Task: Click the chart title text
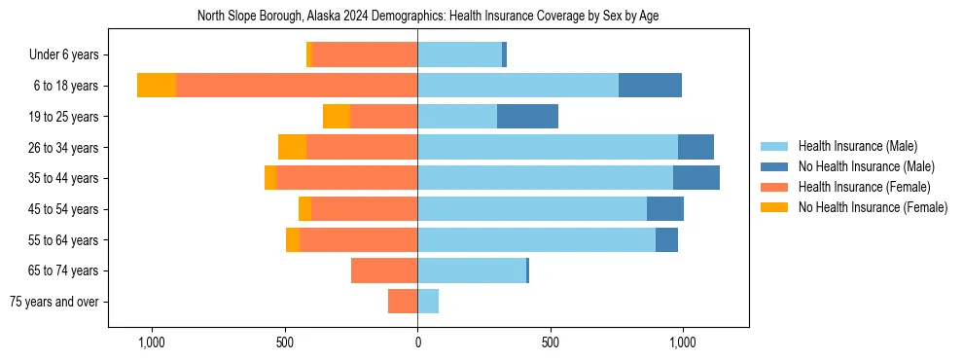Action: pos(428,17)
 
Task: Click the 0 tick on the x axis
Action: pos(417,342)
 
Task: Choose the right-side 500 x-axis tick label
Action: pos(550,342)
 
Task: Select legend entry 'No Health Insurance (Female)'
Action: pos(873,207)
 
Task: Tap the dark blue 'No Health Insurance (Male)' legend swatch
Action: pos(775,166)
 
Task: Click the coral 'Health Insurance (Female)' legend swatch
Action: pos(775,187)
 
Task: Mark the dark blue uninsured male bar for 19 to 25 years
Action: pos(527,117)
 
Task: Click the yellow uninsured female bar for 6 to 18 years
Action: pos(157,86)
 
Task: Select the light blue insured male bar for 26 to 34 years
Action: pos(548,147)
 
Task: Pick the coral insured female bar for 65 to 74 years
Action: pos(384,270)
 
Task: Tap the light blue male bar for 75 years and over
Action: pos(428,302)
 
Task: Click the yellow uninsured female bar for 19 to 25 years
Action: pos(337,117)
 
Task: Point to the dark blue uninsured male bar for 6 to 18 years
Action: pos(650,86)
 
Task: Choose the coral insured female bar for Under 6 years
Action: pos(365,54)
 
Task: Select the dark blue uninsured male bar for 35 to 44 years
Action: pos(696,178)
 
